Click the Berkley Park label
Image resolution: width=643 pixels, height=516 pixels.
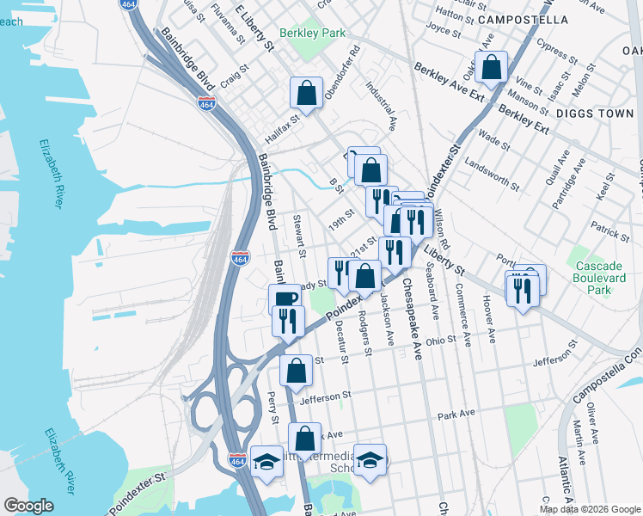[317, 34]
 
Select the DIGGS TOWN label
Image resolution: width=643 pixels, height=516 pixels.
[594, 113]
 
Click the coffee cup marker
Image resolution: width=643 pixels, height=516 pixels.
[285, 298]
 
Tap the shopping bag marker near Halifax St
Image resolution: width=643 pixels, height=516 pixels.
[306, 93]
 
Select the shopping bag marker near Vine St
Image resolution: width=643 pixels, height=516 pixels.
[491, 67]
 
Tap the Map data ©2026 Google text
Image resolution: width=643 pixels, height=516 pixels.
[589, 509]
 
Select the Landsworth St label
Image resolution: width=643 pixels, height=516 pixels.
[491, 174]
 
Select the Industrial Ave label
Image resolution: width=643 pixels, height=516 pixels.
[379, 105]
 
